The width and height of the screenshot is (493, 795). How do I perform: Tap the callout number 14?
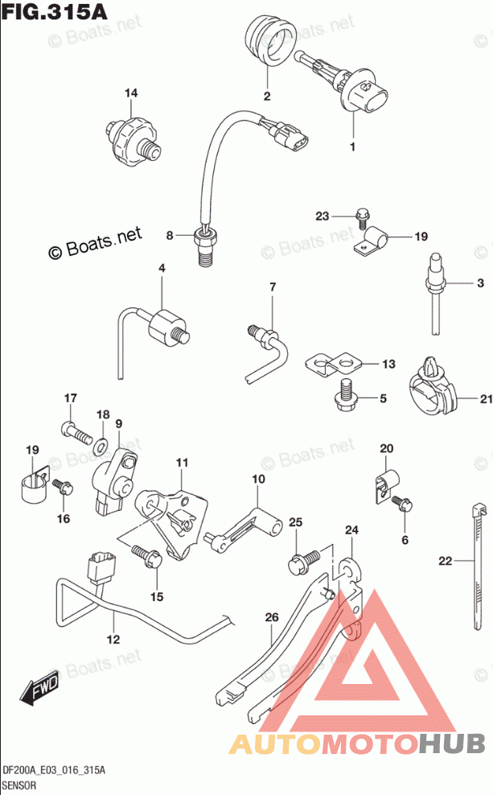click(130, 94)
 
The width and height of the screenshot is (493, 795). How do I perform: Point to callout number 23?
click(323, 216)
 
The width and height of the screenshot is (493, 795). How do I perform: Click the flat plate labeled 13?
click(333, 364)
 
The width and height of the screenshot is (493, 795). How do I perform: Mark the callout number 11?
click(182, 463)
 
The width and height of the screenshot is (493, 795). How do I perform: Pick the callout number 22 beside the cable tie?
click(445, 561)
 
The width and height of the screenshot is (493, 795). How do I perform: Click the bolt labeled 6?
click(402, 505)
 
